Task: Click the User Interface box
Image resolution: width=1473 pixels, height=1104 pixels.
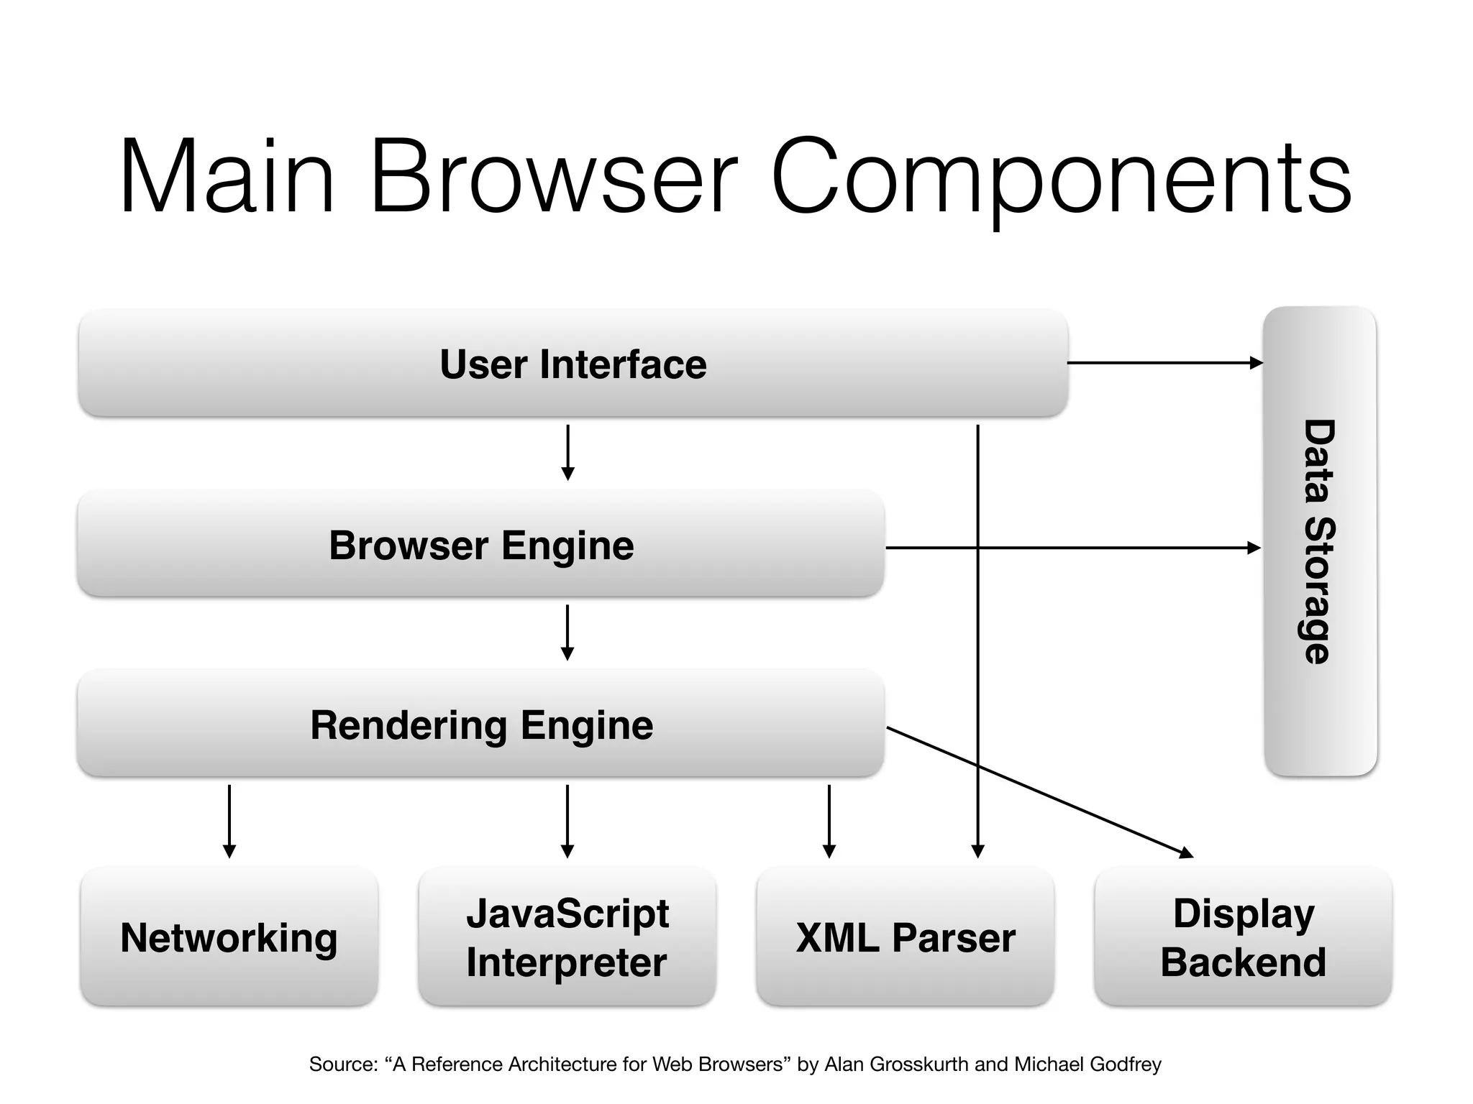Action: pos(573,364)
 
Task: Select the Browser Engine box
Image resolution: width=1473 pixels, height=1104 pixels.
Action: pos(480,544)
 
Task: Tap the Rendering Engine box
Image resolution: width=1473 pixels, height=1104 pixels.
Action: pos(480,724)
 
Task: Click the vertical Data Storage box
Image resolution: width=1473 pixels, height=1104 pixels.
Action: pos(1320,540)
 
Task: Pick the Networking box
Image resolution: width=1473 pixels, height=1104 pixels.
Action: pos(229,937)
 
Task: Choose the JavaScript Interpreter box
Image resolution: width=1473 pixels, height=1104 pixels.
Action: pos(567,937)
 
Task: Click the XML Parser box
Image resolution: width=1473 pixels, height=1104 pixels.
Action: pos(905,937)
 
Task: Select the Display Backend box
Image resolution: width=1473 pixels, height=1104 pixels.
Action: pos(1243,937)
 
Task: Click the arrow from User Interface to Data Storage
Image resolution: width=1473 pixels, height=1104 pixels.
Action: pos(1165,363)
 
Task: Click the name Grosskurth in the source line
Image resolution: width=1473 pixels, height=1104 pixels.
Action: pos(919,1064)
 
